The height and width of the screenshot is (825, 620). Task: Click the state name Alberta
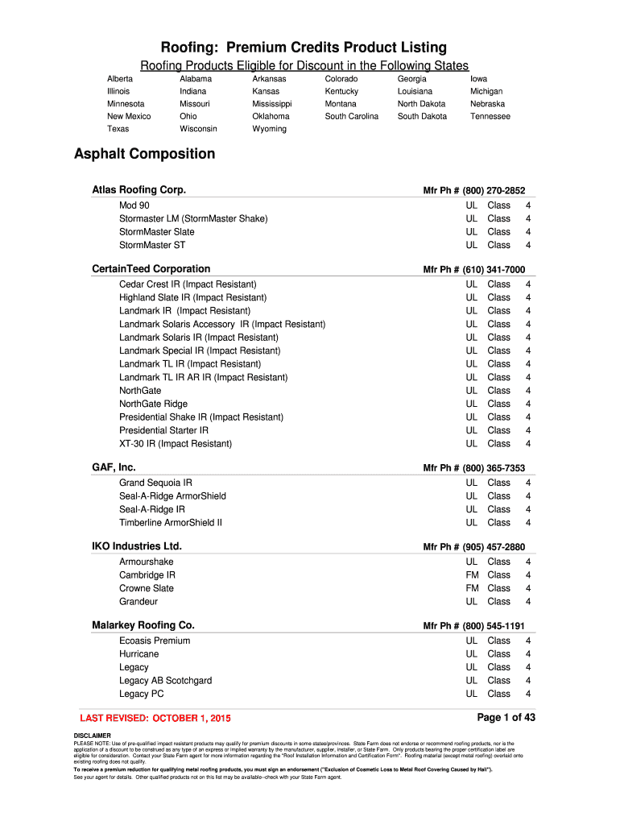coord(120,79)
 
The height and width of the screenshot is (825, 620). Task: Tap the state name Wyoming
coord(269,129)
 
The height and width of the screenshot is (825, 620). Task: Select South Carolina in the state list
coord(351,116)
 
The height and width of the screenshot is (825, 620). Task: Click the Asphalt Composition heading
coord(144,154)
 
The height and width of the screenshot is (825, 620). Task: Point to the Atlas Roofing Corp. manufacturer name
coord(138,190)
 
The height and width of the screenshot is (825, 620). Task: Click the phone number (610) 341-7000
coord(494,270)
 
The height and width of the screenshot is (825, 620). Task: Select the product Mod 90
coord(134,205)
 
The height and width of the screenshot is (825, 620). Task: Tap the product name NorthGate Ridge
coord(153,404)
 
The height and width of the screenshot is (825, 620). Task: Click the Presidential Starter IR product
coord(163,430)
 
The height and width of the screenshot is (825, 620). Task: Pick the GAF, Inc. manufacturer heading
coord(114,467)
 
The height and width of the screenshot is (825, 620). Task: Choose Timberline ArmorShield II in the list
coord(171,523)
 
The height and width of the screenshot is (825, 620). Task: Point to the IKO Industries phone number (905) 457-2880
coord(494,547)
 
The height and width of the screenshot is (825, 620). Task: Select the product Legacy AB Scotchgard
coord(165,681)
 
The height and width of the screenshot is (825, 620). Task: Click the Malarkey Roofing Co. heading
coord(143,625)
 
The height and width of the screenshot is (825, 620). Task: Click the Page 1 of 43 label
coord(506,717)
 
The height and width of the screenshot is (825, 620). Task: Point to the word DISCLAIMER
coord(92,736)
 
